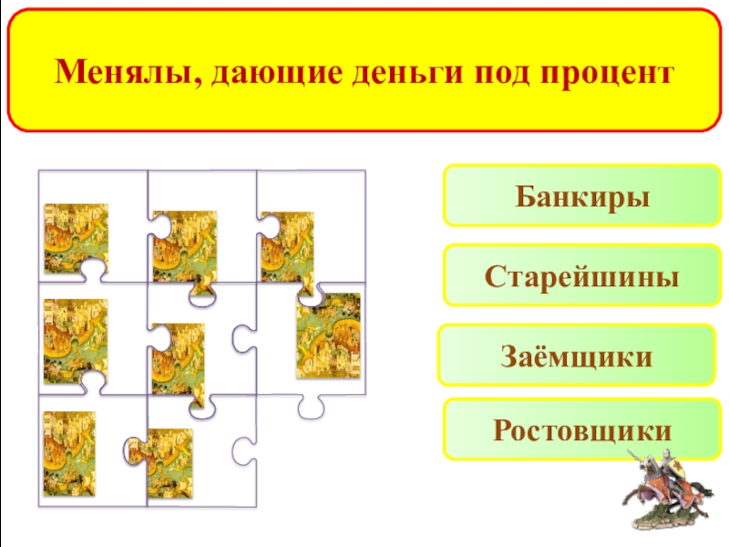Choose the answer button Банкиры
point(582,195)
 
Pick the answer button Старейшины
point(582,275)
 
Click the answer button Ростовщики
point(582,428)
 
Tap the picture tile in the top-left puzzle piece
point(76,239)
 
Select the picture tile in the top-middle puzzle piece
point(184,245)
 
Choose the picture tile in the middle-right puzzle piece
point(327,335)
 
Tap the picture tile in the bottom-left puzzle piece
point(69,454)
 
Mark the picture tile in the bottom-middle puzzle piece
point(169,463)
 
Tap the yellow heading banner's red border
point(364,11)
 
